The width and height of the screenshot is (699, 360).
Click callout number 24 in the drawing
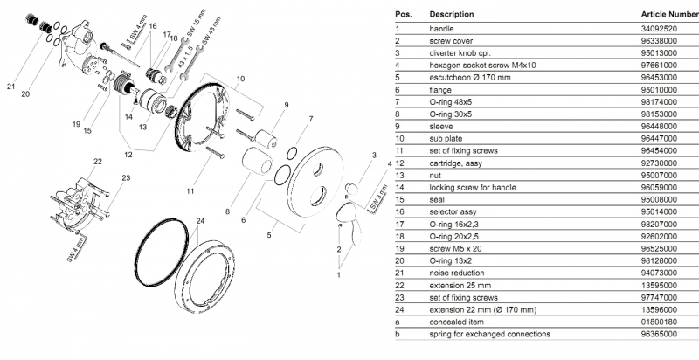tap(200, 220)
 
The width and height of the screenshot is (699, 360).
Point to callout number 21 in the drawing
tap(11, 86)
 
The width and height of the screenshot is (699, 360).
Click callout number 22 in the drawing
tap(98, 162)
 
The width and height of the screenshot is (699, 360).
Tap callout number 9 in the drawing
tap(284, 104)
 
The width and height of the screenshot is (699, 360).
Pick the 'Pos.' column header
tap(404, 15)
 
